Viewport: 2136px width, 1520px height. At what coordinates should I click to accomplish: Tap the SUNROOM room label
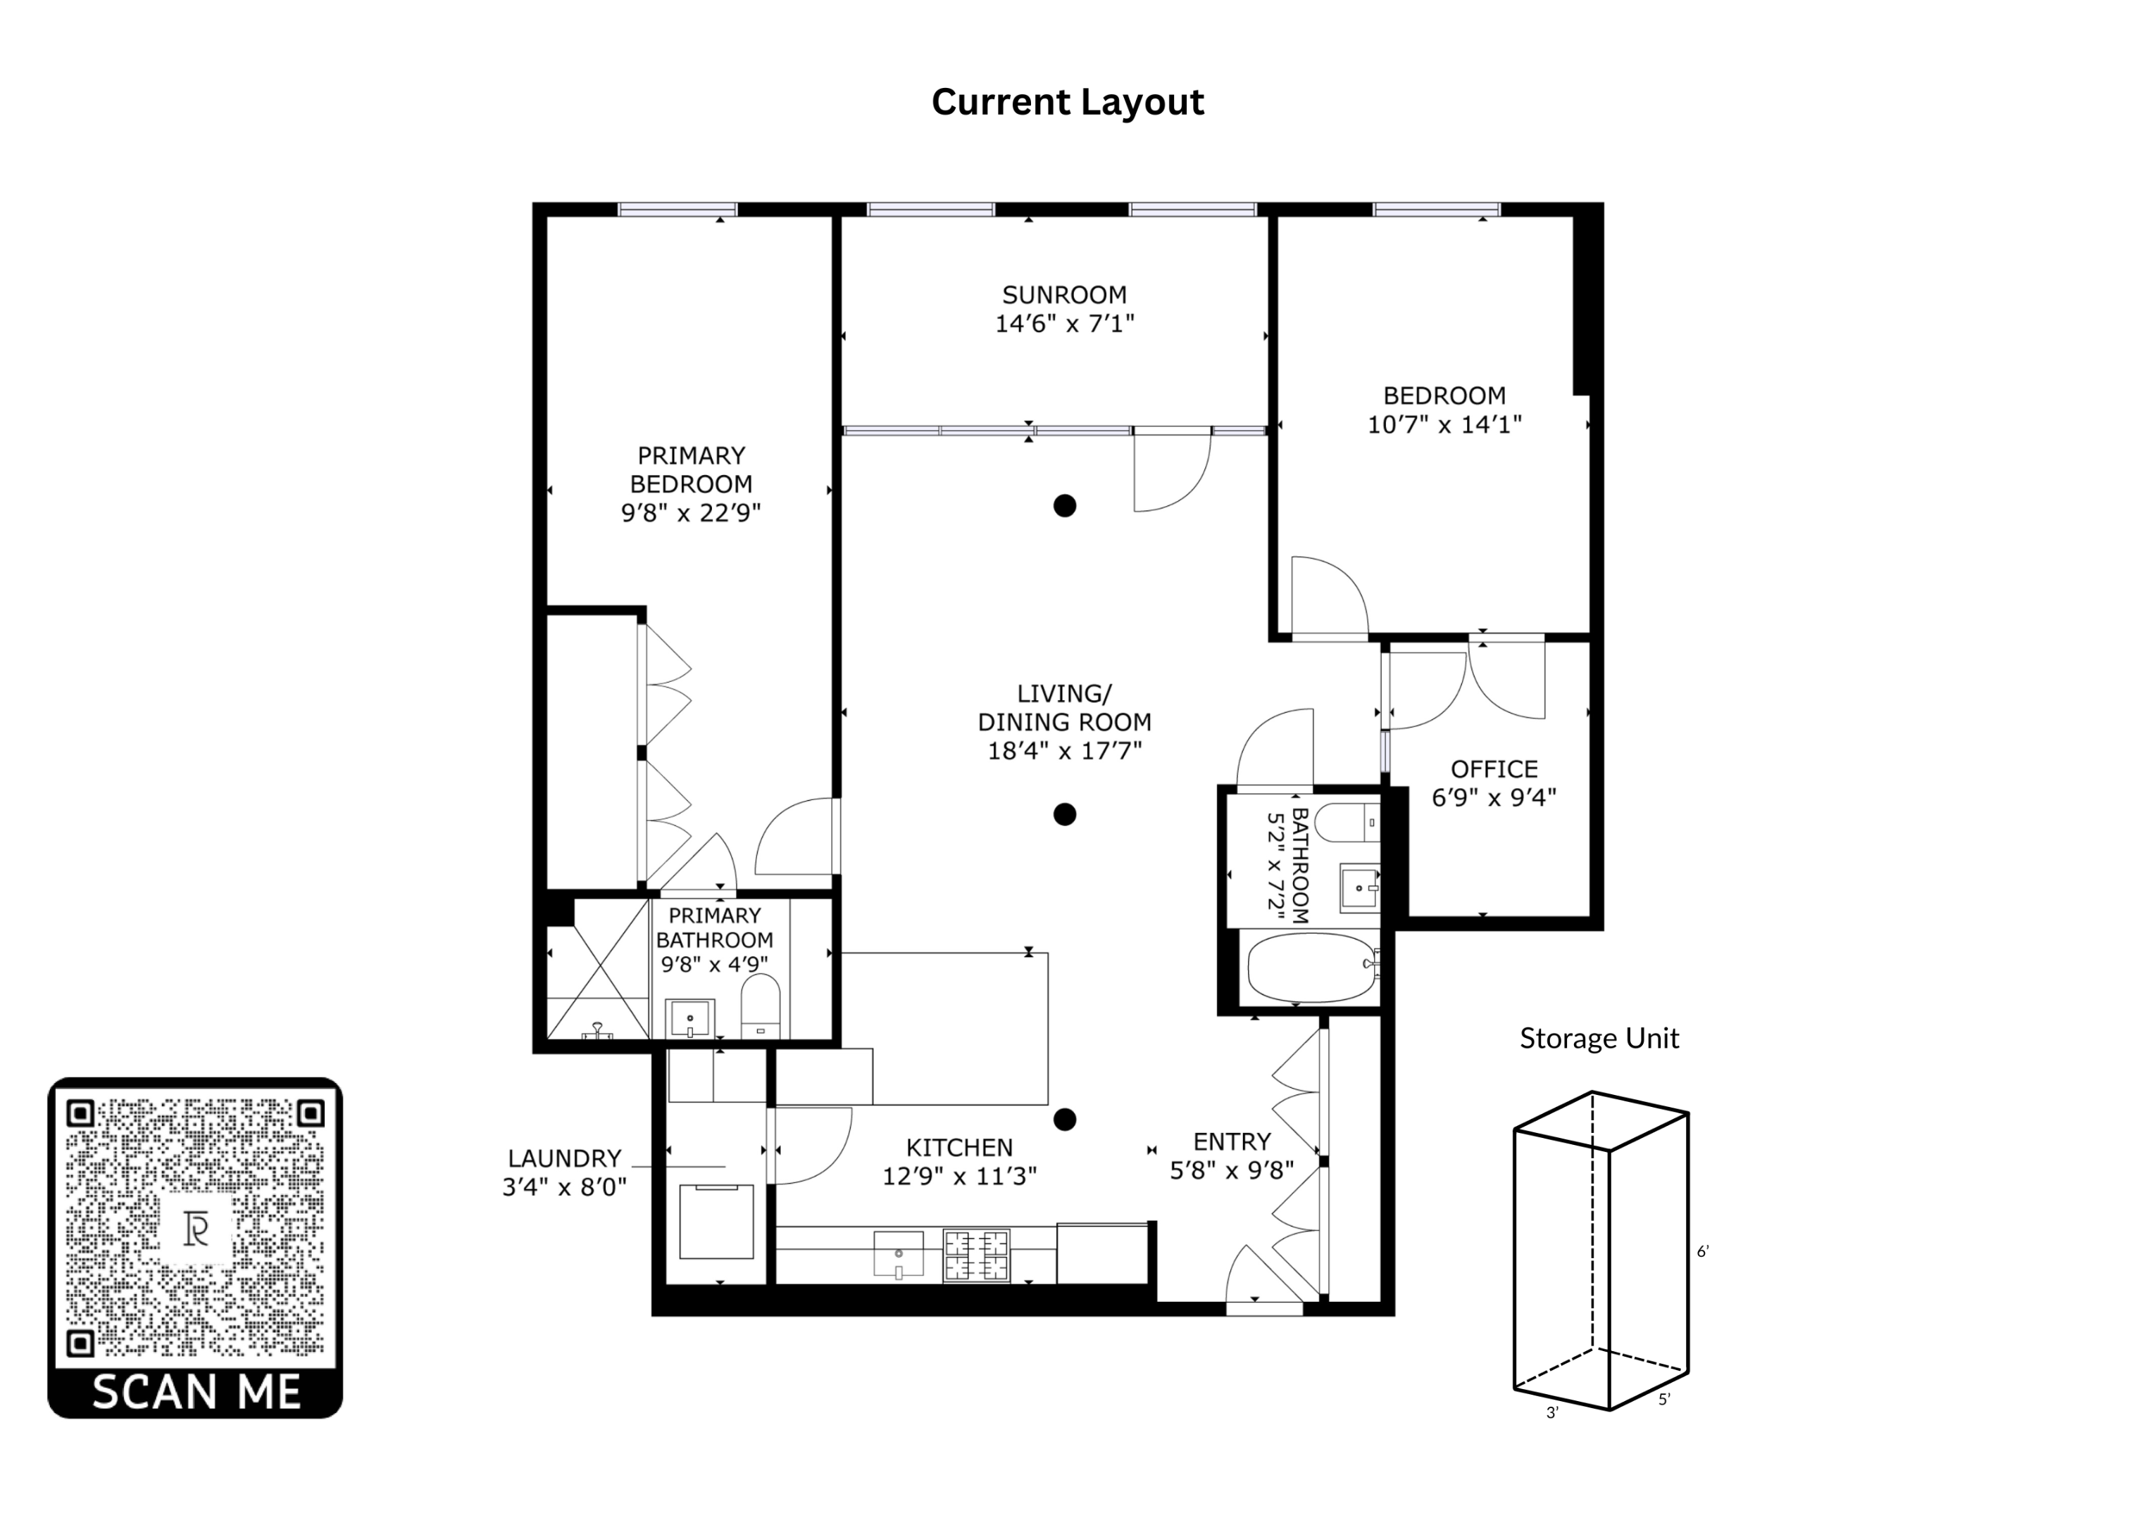(x=1065, y=295)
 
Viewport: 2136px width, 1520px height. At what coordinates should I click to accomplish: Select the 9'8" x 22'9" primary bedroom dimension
(x=691, y=513)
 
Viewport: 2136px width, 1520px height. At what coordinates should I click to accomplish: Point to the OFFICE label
(x=1494, y=769)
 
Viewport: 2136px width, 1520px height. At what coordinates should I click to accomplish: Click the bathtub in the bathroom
(x=1311, y=968)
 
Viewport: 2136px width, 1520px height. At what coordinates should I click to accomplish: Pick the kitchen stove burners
(x=976, y=1255)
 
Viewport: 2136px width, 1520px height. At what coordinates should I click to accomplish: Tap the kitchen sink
(x=898, y=1254)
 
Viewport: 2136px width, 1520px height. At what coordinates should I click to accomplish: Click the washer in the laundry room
(x=716, y=1222)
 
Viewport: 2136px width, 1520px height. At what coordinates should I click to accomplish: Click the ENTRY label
(x=1232, y=1142)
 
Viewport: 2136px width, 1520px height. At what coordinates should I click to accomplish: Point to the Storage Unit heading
(x=1599, y=1039)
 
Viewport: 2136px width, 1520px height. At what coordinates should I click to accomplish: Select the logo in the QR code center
(x=196, y=1229)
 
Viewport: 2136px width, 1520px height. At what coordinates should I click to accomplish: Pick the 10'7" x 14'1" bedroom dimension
(x=1445, y=425)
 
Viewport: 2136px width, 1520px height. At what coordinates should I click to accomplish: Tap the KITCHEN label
(x=960, y=1148)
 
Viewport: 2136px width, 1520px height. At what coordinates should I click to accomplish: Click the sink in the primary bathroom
(x=690, y=1018)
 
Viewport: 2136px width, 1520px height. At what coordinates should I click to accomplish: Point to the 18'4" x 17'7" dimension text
(x=1065, y=751)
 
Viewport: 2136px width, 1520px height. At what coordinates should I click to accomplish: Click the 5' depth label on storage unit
(x=1664, y=1400)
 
